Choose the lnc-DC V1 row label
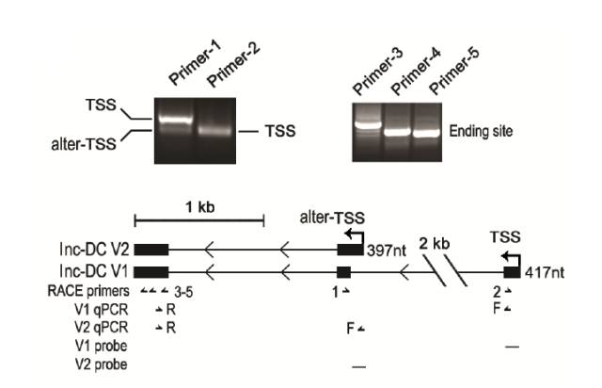(x=93, y=272)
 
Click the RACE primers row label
(x=93, y=292)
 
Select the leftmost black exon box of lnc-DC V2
(x=151, y=250)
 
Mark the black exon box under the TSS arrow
(x=512, y=272)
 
